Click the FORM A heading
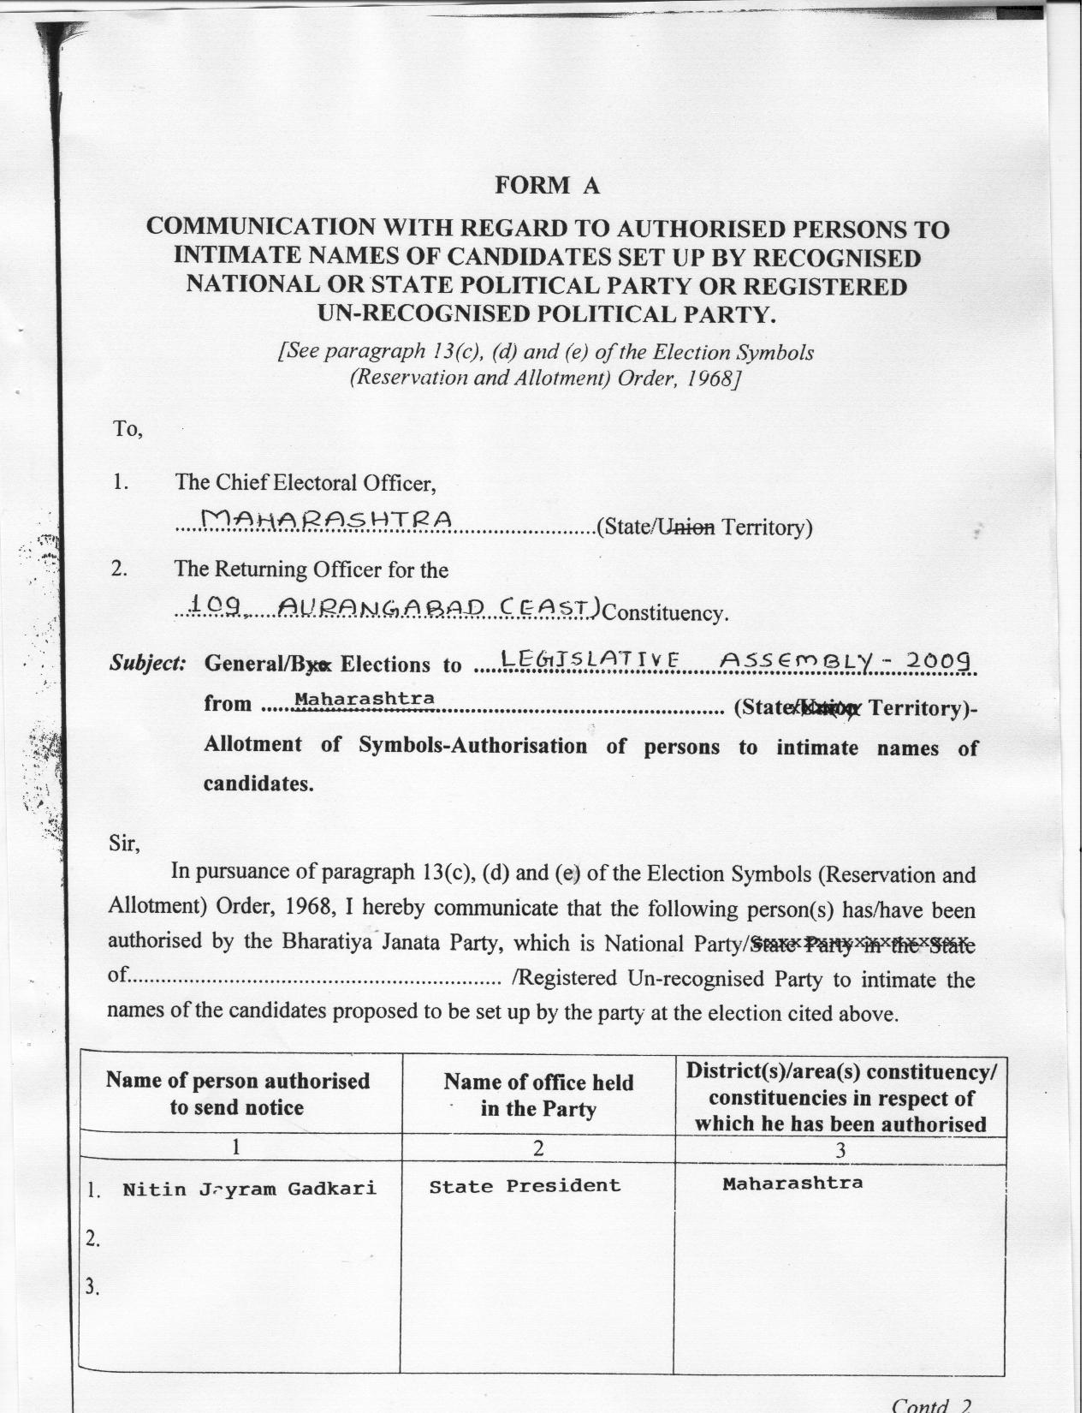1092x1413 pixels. (548, 186)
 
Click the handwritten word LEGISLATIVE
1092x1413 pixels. (591, 659)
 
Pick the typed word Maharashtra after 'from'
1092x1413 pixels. (365, 699)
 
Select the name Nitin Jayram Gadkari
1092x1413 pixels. (249, 1189)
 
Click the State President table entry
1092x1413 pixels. (525, 1186)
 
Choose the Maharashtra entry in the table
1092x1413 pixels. (792, 1183)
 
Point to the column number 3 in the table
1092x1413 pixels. (840, 1151)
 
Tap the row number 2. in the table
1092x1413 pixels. (94, 1238)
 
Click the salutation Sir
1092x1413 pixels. (125, 844)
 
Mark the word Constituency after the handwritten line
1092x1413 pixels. (666, 613)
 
